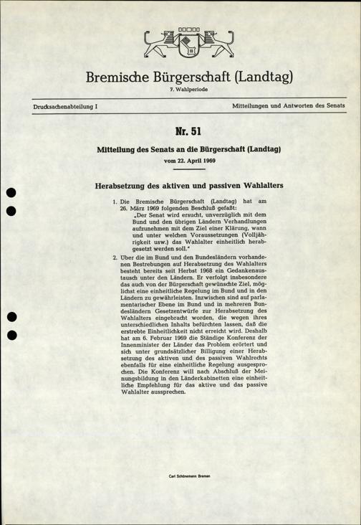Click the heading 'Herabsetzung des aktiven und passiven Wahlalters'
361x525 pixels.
(x=188, y=185)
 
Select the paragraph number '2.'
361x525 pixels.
(x=115, y=256)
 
